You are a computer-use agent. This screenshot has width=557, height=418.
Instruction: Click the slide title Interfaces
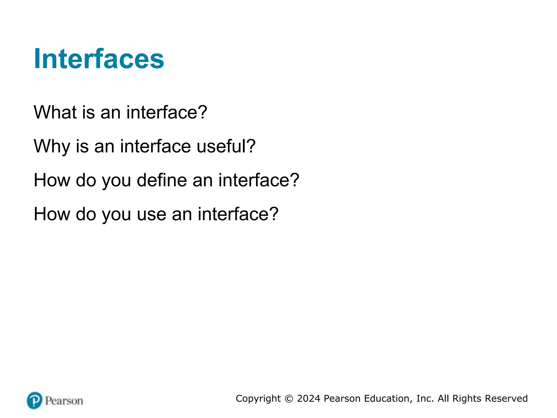pyautogui.click(x=99, y=59)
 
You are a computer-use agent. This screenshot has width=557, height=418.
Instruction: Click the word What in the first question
pyautogui.click(x=55, y=112)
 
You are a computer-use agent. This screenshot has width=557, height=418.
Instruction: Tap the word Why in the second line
pyautogui.click(x=52, y=146)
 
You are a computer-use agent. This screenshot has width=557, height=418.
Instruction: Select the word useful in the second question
pyautogui.click(x=221, y=146)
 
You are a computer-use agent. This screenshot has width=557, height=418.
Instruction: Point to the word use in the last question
pyautogui.click(x=151, y=214)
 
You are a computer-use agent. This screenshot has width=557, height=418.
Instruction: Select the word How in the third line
pyautogui.click(x=51, y=180)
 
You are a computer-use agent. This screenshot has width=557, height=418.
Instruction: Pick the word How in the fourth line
pyautogui.click(x=51, y=214)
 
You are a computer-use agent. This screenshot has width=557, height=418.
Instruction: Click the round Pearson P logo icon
pyautogui.click(x=35, y=400)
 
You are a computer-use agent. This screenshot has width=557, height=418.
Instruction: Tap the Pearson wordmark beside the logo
pyautogui.click(x=64, y=401)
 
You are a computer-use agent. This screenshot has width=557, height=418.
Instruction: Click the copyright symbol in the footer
pyautogui.click(x=289, y=399)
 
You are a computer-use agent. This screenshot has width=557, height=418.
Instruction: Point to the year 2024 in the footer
pyautogui.click(x=309, y=398)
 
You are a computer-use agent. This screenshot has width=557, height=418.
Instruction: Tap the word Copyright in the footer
pyautogui.click(x=258, y=398)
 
